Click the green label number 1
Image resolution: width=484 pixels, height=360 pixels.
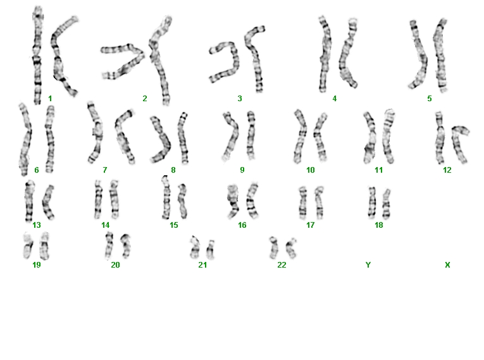click(x=50, y=99)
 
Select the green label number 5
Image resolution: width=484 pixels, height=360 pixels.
click(x=430, y=99)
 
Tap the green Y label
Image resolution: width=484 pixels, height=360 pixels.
click(x=368, y=265)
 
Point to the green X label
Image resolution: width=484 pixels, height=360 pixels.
click(x=447, y=265)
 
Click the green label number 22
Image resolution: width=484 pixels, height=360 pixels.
click(x=282, y=265)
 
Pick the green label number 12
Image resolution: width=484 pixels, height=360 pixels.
click(x=447, y=170)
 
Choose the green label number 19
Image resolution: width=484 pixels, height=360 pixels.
click(x=37, y=265)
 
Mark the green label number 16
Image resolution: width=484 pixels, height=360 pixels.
click(x=242, y=225)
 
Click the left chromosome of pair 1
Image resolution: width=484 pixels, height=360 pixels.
click(x=37, y=51)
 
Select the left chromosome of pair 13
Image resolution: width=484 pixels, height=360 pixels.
click(x=29, y=201)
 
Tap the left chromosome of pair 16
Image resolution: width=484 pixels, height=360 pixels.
click(x=233, y=201)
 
